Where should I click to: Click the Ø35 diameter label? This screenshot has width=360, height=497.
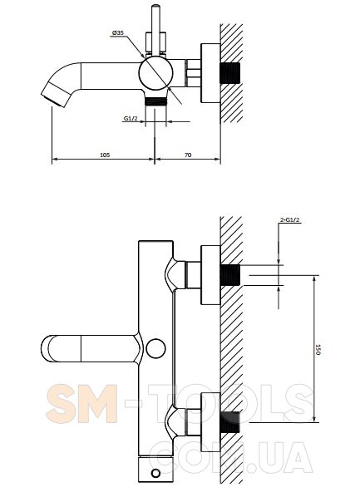pyautogui.click(x=118, y=32)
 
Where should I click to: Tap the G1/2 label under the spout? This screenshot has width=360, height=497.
pyautogui.click(x=131, y=118)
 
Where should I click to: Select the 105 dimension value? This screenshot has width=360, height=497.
pyautogui.click(x=105, y=155)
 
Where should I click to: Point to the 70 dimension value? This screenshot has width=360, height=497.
pyautogui.click(x=188, y=155)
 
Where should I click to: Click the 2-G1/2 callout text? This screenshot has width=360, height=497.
pyautogui.click(x=290, y=220)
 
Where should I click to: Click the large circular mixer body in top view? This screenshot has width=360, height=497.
pyautogui.click(x=155, y=72)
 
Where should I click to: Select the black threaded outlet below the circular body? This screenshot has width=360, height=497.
pyautogui.click(x=155, y=101)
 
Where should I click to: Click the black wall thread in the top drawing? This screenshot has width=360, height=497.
pyautogui.click(x=230, y=73)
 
